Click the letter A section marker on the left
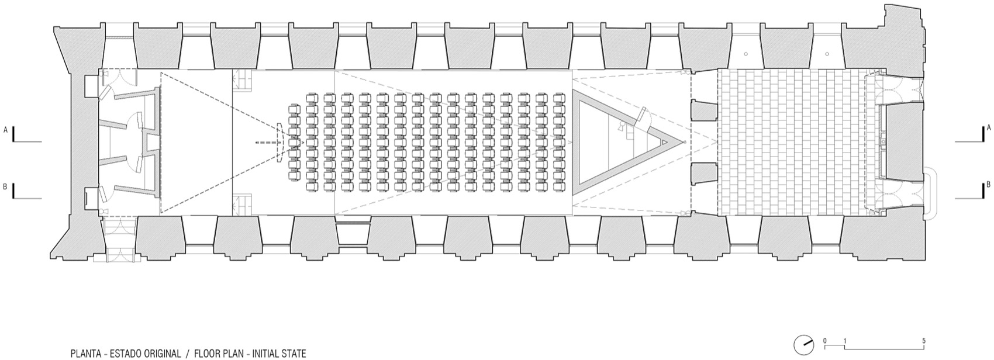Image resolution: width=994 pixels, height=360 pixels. [x=5, y=130]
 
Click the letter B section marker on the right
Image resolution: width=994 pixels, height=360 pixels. [x=988, y=185]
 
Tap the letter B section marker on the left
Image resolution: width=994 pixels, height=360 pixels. [x=5, y=187]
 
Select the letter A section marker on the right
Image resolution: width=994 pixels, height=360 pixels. [x=988, y=127]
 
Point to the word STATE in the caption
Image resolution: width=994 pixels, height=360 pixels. [x=295, y=354]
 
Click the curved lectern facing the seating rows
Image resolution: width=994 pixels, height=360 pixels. [x=279, y=143]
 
